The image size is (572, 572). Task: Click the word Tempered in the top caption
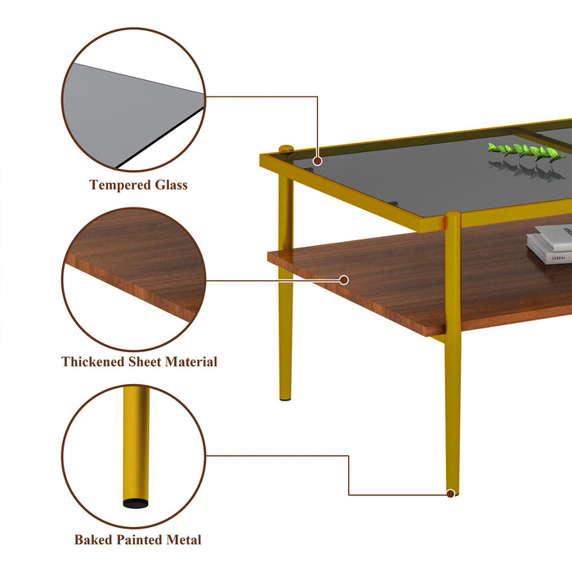pyautogui.click(x=119, y=185)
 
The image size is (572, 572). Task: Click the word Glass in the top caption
pyautogui.click(x=171, y=185)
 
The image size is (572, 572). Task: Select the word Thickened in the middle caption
pyautogui.click(x=94, y=361)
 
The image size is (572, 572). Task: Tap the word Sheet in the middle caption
pyautogui.click(x=145, y=361)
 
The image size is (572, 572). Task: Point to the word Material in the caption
pyautogui.click(x=192, y=361)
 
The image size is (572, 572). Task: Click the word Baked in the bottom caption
pyautogui.click(x=93, y=539)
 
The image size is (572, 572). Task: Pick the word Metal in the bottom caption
pyautogui.click(x=184, y=539)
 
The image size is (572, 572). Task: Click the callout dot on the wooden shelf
pyautogui.click(x=344, y=279)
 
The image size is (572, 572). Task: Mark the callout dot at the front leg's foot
pyautogui.click(x=450, y=493)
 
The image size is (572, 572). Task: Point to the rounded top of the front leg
pyautogui.click(x=453, y=217)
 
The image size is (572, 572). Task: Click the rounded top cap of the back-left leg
pyautogui.click(x=286, y=149)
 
